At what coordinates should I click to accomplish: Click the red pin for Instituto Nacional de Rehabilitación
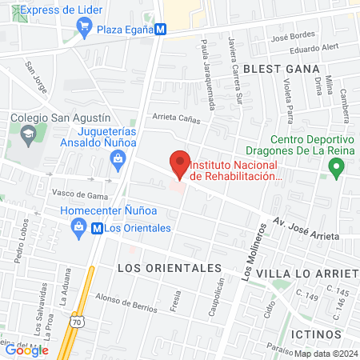(x=180, y=163)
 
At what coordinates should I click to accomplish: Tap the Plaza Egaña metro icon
(x=162, y=29)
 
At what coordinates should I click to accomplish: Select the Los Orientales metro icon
(x=97, y=228)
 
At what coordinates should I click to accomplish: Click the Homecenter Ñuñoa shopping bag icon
(x=79, y=228)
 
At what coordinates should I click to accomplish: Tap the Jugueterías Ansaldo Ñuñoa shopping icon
(x=118, y=158)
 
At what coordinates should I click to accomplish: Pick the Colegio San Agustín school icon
(x=28, y=132)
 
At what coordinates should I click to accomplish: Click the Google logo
(x=26, y=350)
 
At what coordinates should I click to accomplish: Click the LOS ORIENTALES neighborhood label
(x=168, y=266)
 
